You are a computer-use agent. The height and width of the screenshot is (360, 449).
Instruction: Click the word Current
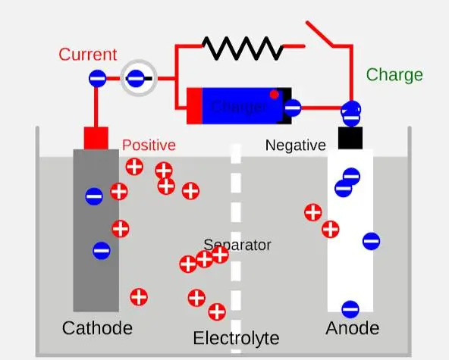pos(88,55)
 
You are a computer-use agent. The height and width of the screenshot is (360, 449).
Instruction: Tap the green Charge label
pos(394,75)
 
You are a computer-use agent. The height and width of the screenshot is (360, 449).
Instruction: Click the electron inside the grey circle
pos(136,78)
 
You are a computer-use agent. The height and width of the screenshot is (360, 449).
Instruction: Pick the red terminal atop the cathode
pos(96,138)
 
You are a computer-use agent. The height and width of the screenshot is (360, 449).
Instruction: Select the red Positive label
pos(149,145)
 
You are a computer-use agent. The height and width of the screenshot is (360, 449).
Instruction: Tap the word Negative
pos(295,146)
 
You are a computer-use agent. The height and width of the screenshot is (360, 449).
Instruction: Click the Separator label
pos(237,246)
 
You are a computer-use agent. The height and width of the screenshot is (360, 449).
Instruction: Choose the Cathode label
pos(97,328)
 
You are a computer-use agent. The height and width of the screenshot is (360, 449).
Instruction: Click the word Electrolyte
pos(236,338)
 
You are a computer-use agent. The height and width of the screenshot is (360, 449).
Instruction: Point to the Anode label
pos(352,328)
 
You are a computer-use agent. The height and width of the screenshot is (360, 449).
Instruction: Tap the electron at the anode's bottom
pos(350,308)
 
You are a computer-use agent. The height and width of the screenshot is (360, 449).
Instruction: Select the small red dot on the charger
pos(275,94)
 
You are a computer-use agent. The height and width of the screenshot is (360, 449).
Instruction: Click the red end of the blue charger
pos(194,106)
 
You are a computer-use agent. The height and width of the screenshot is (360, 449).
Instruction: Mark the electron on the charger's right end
pos(293,108)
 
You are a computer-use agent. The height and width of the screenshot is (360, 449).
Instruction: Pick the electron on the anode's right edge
pos(371,241)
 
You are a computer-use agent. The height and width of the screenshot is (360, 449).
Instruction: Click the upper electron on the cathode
pos(94,196)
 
